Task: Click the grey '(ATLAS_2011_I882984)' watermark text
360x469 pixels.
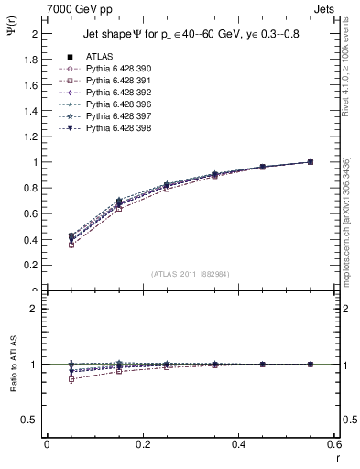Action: coord(191,274)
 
